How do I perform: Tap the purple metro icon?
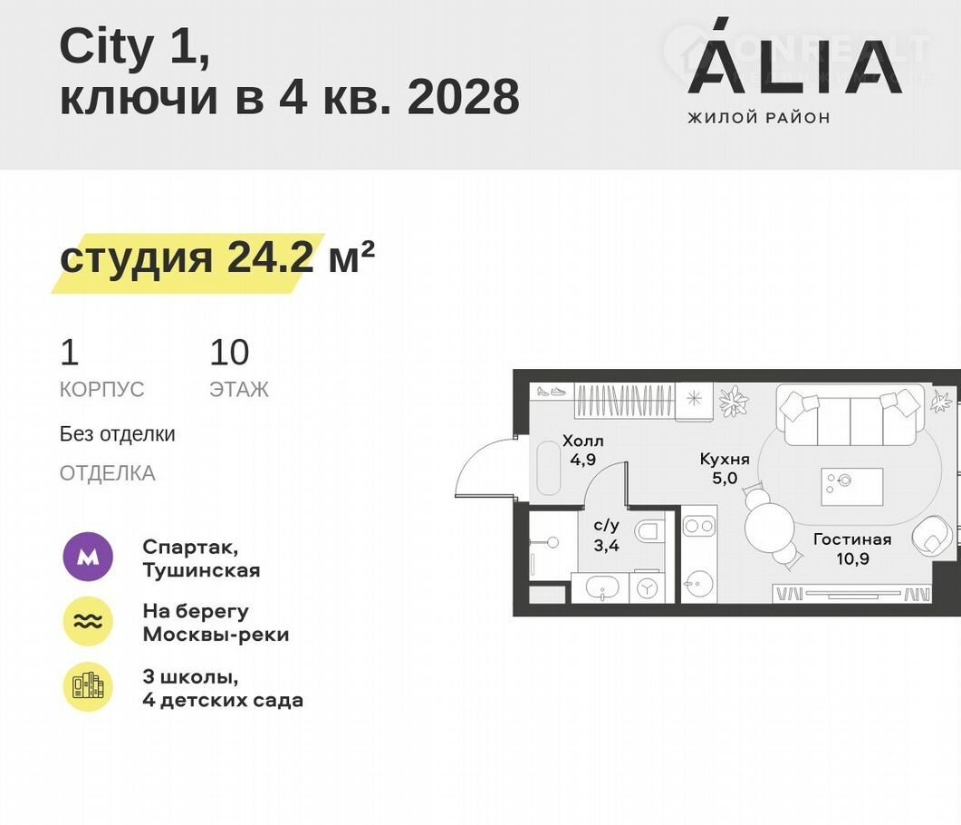[88, 557]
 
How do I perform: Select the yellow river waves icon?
[88, 621]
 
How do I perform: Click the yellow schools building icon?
[88, 687]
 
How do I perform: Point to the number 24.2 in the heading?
[270, 257]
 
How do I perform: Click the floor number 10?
[229, 352]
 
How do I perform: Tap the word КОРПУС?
[101, 390]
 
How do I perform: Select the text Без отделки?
[117, 433]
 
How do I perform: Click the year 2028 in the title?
[464, 97]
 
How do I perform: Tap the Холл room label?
[583, 441]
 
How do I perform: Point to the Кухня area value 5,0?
[725, 478]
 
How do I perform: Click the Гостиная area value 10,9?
[852, 558]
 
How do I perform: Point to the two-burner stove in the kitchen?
[699, 526]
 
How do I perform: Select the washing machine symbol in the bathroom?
[646, 588]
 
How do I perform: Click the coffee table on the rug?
[852, 487]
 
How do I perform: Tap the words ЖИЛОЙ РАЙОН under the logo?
[759, 118]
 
